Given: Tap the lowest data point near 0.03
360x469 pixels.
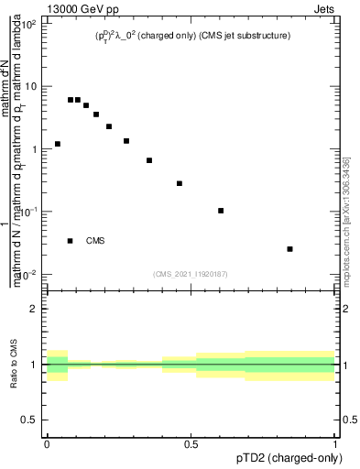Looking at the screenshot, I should [x=289, y=249].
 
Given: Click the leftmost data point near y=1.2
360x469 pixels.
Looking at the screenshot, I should [x=58, y=144].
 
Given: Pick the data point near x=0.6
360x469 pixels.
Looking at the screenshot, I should [x=221, y=211].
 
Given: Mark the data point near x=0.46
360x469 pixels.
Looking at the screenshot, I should [x=180, y=183].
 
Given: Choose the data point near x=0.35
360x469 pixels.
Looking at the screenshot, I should [x=149, y=160].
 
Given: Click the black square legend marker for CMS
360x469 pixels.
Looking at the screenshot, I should [x=71, y=241].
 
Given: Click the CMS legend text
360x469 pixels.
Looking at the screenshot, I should [x=95, y=241].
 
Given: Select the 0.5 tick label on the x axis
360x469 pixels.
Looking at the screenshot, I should [x=191, y=444].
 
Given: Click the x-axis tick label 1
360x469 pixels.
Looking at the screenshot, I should [x=335, y=444].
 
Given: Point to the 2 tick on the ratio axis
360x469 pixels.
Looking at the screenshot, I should [x=34, y=309].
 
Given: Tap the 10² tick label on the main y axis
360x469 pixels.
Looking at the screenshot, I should [x=28, y=23].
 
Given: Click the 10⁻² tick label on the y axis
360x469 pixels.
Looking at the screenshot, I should [x=28, y=274].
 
